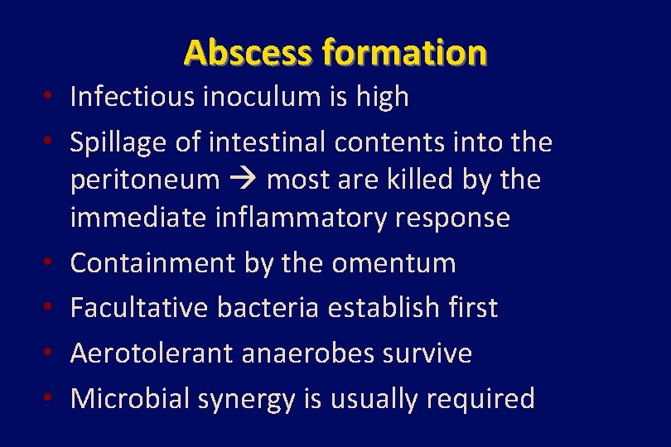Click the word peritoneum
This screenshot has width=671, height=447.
tap(145, 180)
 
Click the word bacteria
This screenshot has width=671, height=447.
tap(268, 308)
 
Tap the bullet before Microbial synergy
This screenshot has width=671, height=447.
tap(51, 398)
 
